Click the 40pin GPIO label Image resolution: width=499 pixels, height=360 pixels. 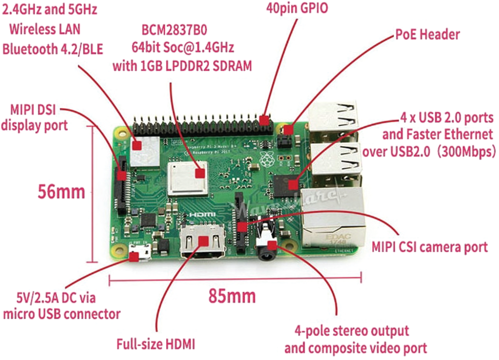(x=297, y=9)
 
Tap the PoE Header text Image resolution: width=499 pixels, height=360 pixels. (x=427, y=35)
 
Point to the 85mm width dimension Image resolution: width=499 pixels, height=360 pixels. (x=232, y=296)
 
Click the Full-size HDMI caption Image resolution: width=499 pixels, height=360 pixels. (x=155, y=344)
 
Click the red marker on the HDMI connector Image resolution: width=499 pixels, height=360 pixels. (x=204, y=241)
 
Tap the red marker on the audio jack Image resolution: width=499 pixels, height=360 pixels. (x=272, y=245)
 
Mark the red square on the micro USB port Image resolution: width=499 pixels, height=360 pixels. (x=134, y=257)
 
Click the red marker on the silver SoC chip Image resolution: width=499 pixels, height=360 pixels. (x=200, y=173)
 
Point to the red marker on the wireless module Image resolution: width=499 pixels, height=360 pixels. (x=137, y=145)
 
